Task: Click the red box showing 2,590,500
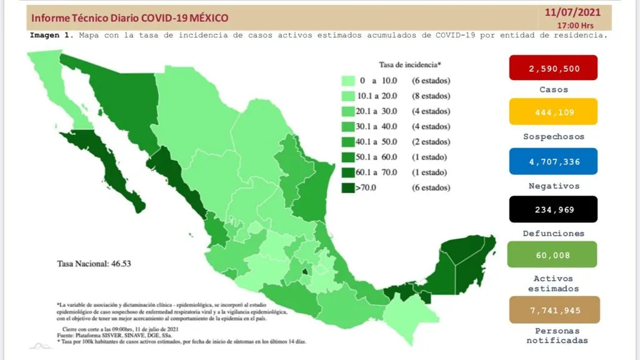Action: pos(553,67)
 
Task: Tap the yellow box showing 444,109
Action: pos(553,112)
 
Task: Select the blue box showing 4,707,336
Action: pos(553,161)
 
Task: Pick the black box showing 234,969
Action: pos(553,209)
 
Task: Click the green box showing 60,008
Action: pos(553,254)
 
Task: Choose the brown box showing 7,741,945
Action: pos(553,309)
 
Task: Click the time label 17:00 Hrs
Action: pos(576,26)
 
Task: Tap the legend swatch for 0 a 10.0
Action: pos(348,81)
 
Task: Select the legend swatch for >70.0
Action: pos(348,187)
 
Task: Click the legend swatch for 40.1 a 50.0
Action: pos(348,141)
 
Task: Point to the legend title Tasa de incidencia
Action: pos(409,64)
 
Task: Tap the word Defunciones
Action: pos(553,233)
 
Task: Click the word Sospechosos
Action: pos(553,136)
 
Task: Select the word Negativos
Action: pos(553,186)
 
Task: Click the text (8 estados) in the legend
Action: pos(431,96)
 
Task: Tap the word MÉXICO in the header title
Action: pos(206,18)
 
